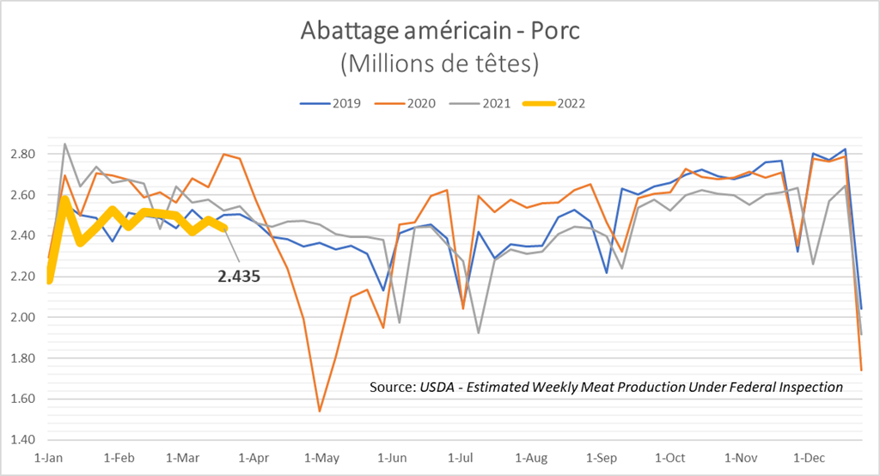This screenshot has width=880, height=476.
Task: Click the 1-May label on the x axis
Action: click(x=320, y=458)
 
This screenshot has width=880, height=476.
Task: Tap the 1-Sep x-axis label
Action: click(x=600, y=458)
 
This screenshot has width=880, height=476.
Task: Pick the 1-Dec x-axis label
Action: click(x=808, y=458)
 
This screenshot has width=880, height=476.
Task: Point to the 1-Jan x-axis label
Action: click(x=48, y=458)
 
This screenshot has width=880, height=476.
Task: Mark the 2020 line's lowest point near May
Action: click(x=320, y=412)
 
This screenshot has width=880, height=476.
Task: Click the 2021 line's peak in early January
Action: click(x=65, y=144)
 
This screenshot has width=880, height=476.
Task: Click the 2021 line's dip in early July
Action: click(x=478, y=333)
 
